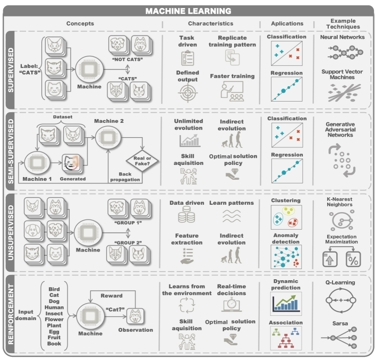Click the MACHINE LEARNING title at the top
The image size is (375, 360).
(x=187, y=11)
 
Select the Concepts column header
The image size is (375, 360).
(x=80, y=23)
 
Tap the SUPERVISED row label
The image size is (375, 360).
(x=10, y=69)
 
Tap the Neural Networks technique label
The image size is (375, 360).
(x=343, y=37)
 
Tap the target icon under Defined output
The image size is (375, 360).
(x=186, y=94)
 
